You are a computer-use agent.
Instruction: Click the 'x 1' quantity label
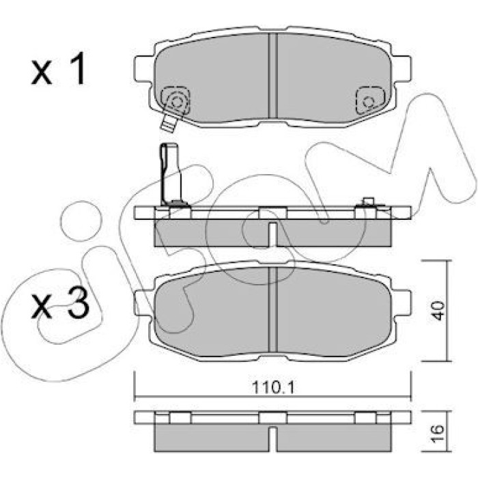pos(58,68)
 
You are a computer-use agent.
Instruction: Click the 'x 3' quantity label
pos(60,304)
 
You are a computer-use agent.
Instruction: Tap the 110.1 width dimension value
pos(273,388)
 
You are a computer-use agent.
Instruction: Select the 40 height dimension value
pos(438,311)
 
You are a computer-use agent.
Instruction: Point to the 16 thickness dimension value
pos(438,429)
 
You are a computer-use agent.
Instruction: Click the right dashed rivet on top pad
pos(370,100)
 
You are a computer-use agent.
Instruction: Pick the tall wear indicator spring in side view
pos(171,175)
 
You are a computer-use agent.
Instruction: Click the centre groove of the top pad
pos(273,76)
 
